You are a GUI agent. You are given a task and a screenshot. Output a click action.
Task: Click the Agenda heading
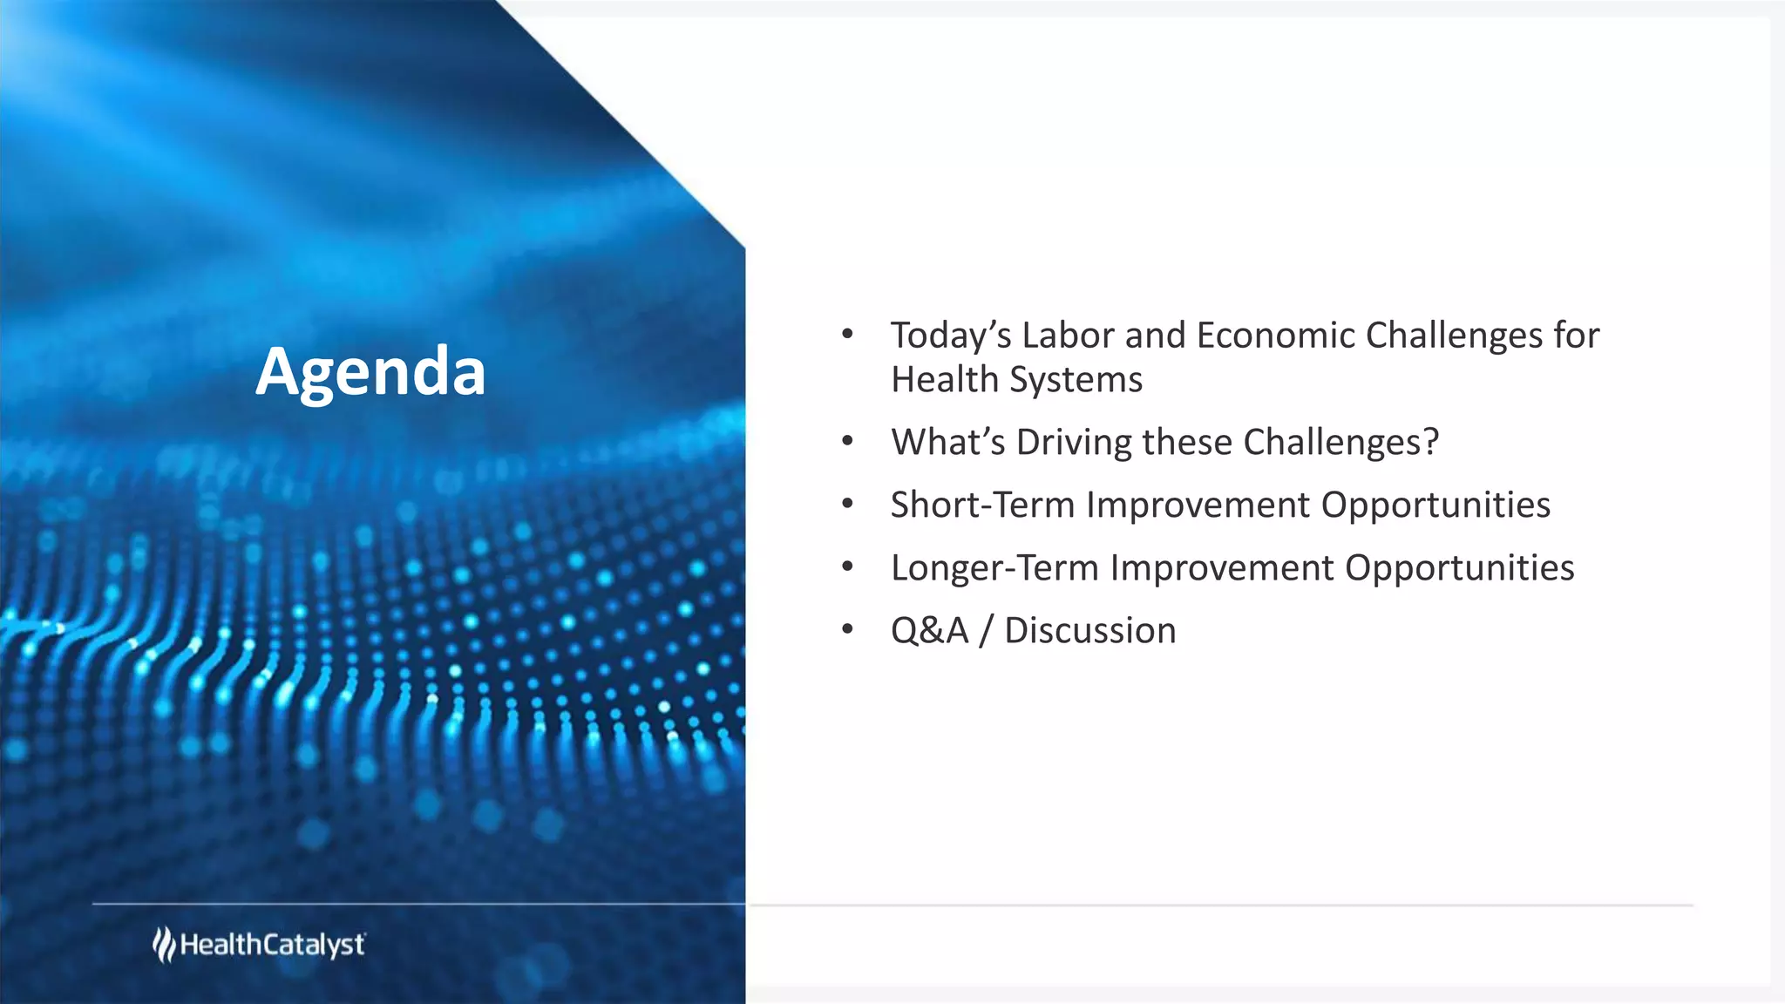tap(370, 371)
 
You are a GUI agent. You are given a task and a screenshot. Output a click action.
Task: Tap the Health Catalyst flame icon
tap(164, 945)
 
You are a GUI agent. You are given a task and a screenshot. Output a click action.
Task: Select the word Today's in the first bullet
tap(950, 336)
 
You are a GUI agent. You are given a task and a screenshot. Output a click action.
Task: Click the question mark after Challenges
tap(1430, 442)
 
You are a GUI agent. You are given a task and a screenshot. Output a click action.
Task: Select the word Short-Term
tap(982, 505)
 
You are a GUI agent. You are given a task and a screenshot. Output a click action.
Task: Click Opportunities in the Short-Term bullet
tap(1435, 506)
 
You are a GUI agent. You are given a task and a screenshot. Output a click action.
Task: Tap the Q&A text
tap(929, 631)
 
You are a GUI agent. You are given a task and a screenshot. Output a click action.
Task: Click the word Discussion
tap(1089, 631)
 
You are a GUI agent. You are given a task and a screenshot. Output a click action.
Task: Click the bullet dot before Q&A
tap(847, 629)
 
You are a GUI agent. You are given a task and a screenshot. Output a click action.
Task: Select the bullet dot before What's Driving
tap(847, 441)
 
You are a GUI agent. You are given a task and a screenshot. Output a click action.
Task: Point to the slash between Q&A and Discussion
tap(986, 631)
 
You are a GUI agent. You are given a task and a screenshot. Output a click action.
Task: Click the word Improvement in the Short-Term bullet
tap(1198, 505)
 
